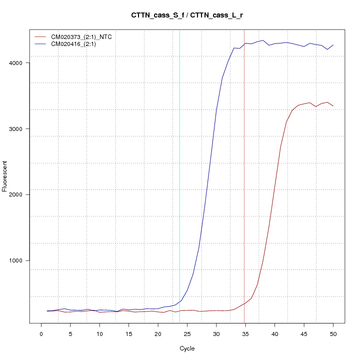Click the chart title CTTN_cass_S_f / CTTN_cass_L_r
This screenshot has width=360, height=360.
click(187, 15)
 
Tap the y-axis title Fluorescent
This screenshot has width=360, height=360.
click(5, 176)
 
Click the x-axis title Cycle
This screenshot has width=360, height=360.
click(187, 348)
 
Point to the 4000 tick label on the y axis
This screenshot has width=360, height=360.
click(23, 63)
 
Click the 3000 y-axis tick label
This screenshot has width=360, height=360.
click(23, 128)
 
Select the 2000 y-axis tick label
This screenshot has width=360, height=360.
click(23, 194)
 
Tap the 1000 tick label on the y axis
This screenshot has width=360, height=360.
click(23, 260)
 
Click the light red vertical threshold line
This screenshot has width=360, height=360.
click(244, 200)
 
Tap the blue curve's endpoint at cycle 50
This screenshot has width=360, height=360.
click(333, 45)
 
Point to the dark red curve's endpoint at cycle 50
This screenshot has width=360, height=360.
click(333, 106)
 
